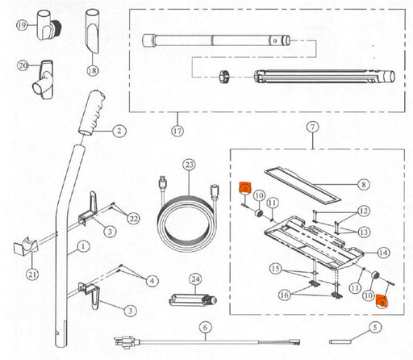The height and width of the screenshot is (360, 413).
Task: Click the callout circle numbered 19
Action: (22, 25)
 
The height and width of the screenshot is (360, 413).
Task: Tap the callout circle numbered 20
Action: (23, 65)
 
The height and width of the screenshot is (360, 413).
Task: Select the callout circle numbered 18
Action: (92, 71)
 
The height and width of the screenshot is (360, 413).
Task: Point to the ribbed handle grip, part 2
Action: (92, 112)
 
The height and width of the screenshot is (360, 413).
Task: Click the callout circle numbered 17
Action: (177, 131)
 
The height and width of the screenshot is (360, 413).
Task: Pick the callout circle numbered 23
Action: (190, 165)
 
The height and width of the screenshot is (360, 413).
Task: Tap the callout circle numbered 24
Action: (195, 279)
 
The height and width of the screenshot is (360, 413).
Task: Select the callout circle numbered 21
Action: (32, 274)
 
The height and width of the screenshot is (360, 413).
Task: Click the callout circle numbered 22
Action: (134, 219)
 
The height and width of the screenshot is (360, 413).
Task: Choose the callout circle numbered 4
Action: (152, 281)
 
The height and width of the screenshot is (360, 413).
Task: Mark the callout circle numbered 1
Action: (83, 246)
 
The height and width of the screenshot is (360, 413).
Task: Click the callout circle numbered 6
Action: (206, 328)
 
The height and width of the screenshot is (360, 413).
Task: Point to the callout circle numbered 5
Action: (375, 328)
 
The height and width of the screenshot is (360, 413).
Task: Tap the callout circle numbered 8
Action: (364, 185)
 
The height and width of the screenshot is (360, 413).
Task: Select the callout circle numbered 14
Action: (383, 253)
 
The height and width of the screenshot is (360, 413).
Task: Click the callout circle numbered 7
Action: (312, 127)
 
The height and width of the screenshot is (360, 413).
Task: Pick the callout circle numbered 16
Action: (285, 295)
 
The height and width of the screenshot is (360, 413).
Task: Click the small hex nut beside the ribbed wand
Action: (225, 77)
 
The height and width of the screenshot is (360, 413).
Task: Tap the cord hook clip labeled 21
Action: (26, 246)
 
